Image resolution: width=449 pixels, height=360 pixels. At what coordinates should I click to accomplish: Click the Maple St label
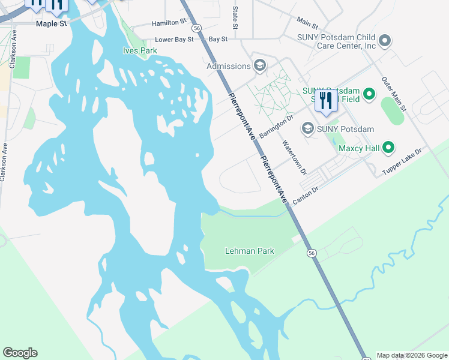tap(50, 23)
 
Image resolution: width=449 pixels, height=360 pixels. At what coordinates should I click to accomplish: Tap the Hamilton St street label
tap(169, 22)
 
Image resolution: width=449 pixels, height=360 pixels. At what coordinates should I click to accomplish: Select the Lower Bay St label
tap(175, 40)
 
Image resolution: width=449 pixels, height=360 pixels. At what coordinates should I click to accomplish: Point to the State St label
tap(235, 17)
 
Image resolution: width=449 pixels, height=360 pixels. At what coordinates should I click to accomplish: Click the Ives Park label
tap(140, 51)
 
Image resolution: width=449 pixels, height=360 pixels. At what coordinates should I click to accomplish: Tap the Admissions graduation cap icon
tap(260, 65)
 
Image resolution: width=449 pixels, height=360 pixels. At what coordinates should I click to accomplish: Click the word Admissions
tap(229, 66)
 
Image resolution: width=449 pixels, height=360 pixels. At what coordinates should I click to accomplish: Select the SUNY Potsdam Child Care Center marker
tap(385, 41)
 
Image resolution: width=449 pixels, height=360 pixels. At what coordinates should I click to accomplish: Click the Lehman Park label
tap(249, 251)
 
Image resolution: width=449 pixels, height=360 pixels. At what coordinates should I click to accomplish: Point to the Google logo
tap(20, 353)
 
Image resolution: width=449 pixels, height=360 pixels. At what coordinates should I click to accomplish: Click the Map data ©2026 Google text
tap(412, 355)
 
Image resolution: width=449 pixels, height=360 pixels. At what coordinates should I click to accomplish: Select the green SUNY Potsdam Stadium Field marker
tap(369, 94)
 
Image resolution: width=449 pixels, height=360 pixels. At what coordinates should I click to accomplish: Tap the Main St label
tap(307, 23)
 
